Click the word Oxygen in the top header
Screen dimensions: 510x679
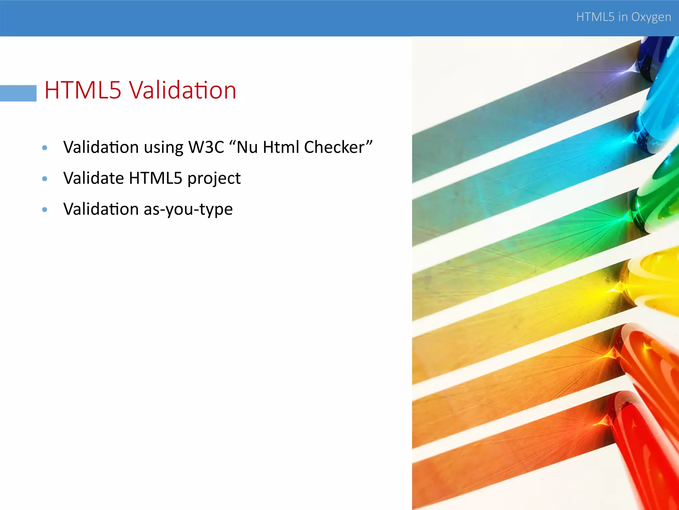tap(651, 17)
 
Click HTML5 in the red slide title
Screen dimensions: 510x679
tap(83, 90)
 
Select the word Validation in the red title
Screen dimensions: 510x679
tap(182, 90)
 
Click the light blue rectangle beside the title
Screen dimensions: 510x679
tap(18, 93)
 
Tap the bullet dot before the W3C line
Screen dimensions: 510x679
tap(45, 148)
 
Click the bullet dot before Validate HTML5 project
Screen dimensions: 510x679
tap(45, 179)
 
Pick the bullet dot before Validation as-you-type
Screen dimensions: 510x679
tap(45, 210)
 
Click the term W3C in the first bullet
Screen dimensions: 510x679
tap(206, 147)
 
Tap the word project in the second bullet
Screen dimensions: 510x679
tap(214, 179)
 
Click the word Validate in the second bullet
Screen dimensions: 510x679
tap(93, 178)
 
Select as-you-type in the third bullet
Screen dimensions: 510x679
tap(188, 210)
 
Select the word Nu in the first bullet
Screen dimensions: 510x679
tap(247, 147)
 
